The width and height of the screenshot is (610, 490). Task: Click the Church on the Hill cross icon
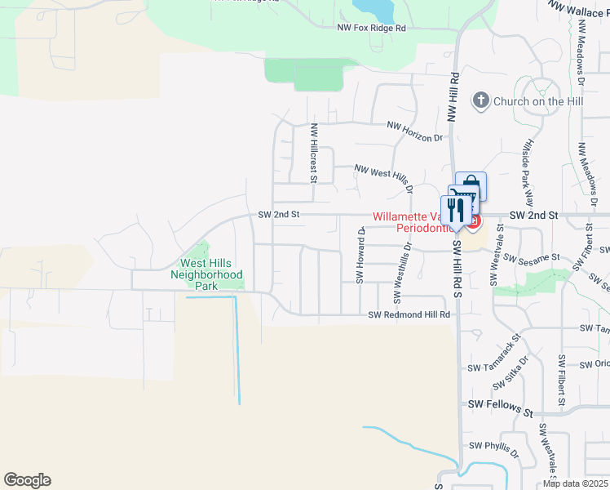coord(480,100)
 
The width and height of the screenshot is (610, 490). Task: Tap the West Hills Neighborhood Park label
coord(206,275)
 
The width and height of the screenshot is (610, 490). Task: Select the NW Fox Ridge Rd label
coord(372,28)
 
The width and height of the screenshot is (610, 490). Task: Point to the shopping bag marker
coord(471,185)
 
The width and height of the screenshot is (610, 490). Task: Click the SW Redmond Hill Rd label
coord(409,314)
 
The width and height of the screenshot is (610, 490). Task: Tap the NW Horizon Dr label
coord(414,131)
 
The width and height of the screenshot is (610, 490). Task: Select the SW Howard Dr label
coord(359,256)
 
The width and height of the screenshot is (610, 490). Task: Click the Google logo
coord(27,480)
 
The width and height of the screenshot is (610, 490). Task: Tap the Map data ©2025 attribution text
coord(575,483)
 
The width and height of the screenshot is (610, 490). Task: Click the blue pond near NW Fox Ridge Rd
coord(372,9)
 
